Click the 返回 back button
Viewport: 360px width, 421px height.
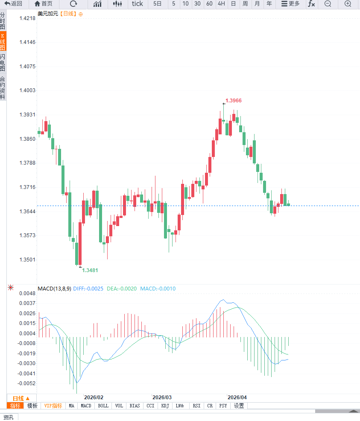13,4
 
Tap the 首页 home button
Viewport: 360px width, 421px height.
44,4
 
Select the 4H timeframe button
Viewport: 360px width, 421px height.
221,4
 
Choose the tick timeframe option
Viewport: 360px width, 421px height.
138,4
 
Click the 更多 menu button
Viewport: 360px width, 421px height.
290,4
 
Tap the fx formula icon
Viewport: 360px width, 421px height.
311,4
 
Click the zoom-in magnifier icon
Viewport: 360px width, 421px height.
348,4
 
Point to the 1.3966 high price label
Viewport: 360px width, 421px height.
234,101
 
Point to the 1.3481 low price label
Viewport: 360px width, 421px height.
90,270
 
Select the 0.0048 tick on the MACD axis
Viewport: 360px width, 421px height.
27,293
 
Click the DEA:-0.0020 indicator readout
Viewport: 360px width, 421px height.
122,289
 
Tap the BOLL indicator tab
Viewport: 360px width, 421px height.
103,406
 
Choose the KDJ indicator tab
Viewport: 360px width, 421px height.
165,406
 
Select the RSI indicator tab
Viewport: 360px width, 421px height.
196,406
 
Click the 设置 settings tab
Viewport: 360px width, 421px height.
239,406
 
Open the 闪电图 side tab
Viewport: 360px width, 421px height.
3,63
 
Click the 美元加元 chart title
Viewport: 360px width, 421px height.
47,14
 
